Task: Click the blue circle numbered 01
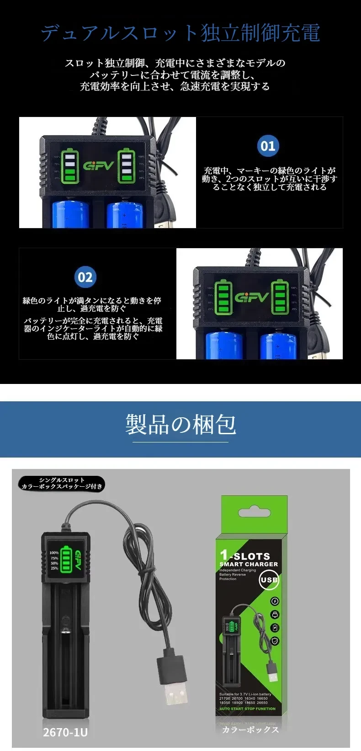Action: [268, 146]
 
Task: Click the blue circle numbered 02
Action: [85, 277]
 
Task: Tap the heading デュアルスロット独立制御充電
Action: [180, 33]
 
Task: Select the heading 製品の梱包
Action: [180, 424]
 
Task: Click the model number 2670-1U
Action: [65, 732]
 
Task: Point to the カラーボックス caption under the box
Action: [250, 730]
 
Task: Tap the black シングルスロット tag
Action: [62, 484]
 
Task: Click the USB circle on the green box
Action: [269, 580]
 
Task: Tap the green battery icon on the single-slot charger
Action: [67, 560]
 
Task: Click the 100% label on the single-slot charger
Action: [54, 553]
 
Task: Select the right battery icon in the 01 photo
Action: [125, 165]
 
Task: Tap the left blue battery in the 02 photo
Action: [224, 345]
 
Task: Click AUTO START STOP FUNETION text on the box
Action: [247, 709]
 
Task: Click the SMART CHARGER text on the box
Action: [249, 565]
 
